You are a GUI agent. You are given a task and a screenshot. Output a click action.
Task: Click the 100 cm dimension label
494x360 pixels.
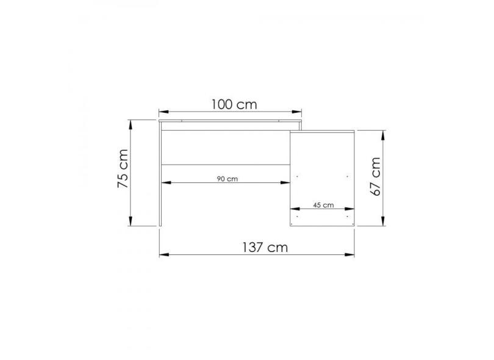pyautogui.click(x=234, y=104)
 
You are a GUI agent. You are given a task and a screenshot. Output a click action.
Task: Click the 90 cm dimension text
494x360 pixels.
pyautogui.click(x=227, y=179)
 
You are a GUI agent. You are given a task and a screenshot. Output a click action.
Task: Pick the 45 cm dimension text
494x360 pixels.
pyautogui.click(x=323, y=205)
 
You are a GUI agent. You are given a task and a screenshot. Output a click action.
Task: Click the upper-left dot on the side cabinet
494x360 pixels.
pyautogui.click(x=296, y=176)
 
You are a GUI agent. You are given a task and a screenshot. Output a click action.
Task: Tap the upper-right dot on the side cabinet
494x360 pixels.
pyautogui.click(x=346, y=176)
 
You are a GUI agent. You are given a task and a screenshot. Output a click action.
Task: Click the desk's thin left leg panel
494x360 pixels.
pyautogui.click(x=160, y=177)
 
